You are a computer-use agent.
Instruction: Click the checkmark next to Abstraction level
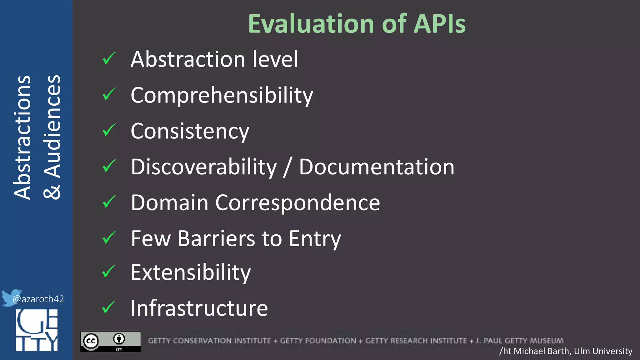[x=109, y=58]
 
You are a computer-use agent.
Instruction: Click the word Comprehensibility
[x=222, y=95]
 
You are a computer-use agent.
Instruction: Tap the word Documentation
[x=377, y=167]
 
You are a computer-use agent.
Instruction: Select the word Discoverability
[x=204, y=167]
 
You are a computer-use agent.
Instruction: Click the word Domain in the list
[x=169, y=203]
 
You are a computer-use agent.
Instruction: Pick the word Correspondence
[x=297, y=203]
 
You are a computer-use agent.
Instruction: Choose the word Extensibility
[x=191, y=272]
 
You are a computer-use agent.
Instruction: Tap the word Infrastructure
[x=199, y=308]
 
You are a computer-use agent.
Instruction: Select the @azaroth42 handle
[x=38, y=299]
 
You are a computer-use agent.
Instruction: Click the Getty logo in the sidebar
[x=37, y=330]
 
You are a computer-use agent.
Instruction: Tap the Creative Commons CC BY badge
[x=111, y=341]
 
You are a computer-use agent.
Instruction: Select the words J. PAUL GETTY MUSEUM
[x=519, y=341]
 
